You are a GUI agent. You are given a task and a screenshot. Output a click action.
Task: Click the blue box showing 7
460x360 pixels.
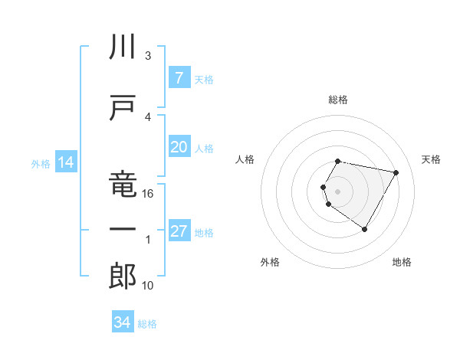(x=179, y=79)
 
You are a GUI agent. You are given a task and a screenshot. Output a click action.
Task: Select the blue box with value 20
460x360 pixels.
(x=179, y=147)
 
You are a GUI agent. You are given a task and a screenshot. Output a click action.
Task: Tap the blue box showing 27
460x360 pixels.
(x=179, y=231)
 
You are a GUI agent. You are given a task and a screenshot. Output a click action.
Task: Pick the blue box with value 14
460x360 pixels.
(x=65, y=162)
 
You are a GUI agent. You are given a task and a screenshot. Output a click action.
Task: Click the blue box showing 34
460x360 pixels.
(x=122, y=322)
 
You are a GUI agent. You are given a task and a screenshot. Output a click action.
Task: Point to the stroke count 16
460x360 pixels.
(x=148, y=194)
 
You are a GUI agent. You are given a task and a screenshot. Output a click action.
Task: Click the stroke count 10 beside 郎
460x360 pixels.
(x=148, y=285)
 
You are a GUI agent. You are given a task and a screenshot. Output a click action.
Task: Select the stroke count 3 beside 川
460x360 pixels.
(x=148, y=55)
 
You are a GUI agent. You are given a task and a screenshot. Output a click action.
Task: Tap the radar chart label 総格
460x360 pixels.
(x=338, y=100)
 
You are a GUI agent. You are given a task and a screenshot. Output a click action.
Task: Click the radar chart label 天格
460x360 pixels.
(x=432, y=159)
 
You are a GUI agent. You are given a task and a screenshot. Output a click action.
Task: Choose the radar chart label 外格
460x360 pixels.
(x=270, y=262)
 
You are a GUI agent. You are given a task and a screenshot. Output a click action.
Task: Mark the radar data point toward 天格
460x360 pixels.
(x=396, y=173)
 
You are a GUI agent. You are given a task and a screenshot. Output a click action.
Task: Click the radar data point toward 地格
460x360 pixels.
(x=364, y=230)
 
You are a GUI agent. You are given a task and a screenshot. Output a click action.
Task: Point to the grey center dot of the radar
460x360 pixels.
(x=338, y=191)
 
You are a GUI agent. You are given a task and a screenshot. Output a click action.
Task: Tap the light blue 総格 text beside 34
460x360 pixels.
(x=147, y=324)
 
